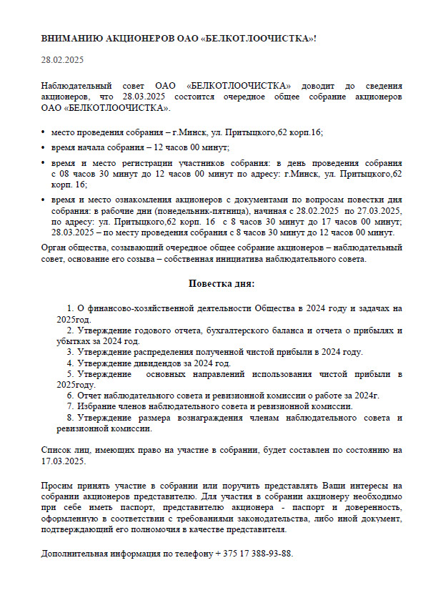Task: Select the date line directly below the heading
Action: pos(62,59)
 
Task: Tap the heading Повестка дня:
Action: pos(221,284)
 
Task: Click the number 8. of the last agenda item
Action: pos(70,417)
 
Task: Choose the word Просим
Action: pos(56,486)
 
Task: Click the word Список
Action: pos(57,450)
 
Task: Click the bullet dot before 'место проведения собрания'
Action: pos(44,133)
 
